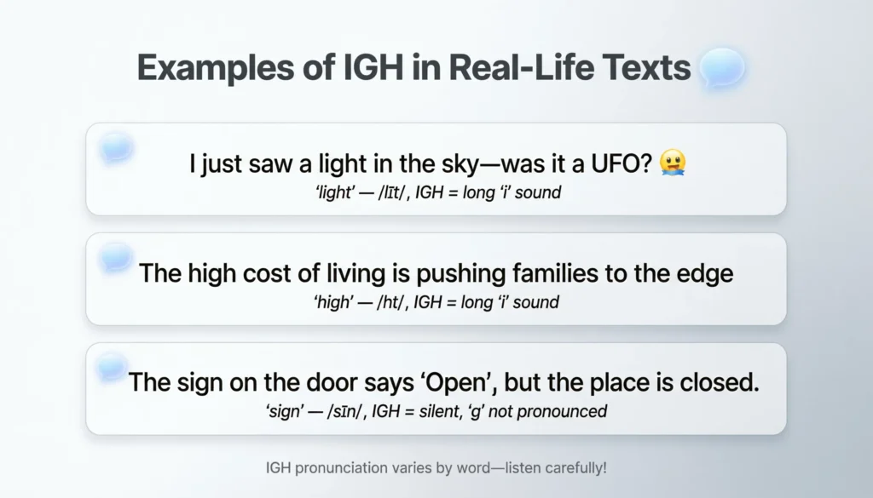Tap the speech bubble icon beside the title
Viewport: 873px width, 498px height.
click(721, 67)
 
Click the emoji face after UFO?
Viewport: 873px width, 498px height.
click(673, 164)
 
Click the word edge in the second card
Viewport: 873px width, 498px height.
click(706, 274)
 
